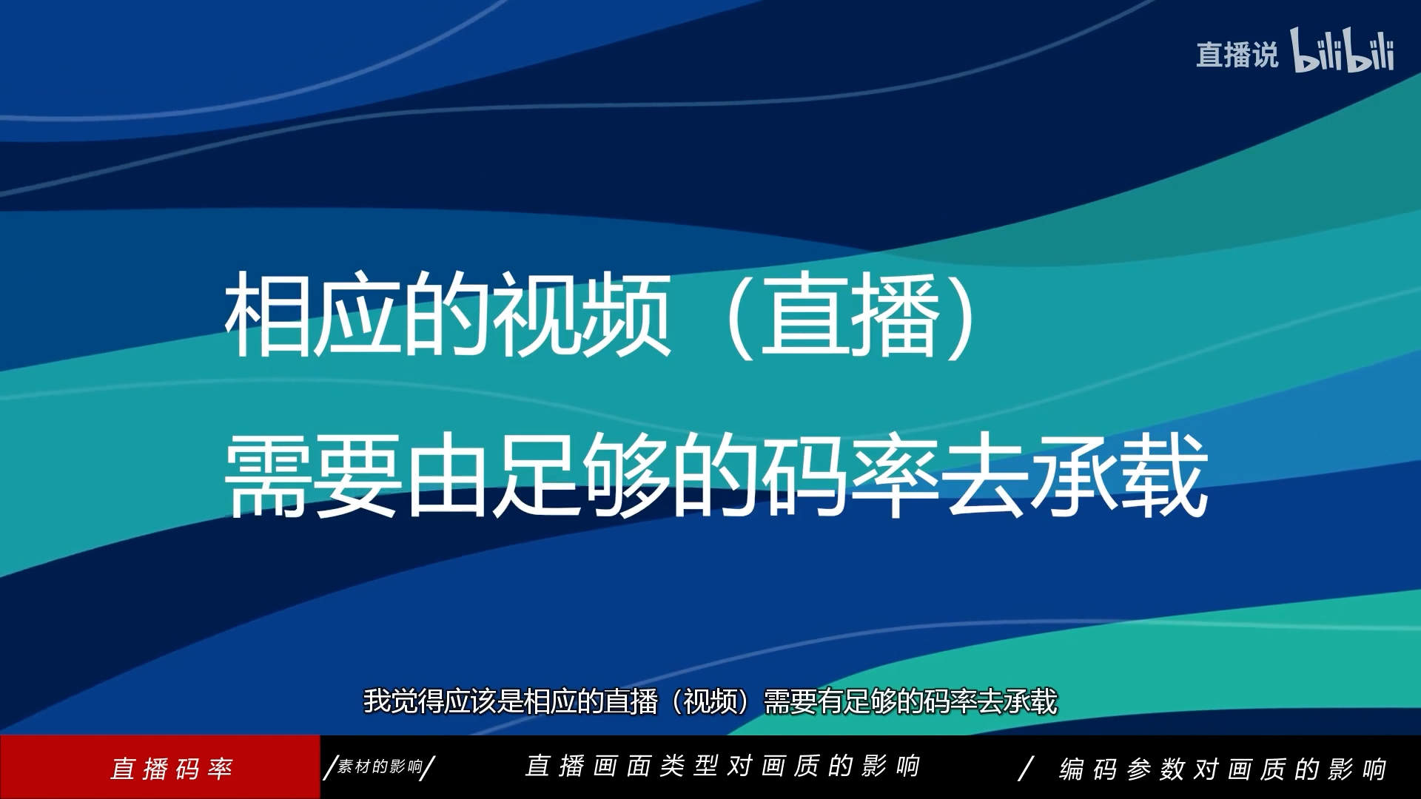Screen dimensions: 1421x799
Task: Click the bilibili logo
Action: [1343, 50]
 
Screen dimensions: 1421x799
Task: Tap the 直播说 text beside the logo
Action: [1237, 55]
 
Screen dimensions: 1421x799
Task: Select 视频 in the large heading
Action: [581, 314]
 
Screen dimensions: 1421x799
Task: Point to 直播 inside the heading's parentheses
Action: [850, 314]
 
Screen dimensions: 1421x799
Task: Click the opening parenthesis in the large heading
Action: [740, 315]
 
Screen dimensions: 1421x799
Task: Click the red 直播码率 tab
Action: [172, 769]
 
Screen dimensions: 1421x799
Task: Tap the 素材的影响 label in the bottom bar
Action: [380, 766]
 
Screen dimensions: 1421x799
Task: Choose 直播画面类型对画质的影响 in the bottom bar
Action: [722, 766]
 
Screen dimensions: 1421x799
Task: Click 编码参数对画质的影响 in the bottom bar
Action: [1223, 769]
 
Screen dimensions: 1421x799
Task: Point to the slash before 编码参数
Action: [1026, 769]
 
